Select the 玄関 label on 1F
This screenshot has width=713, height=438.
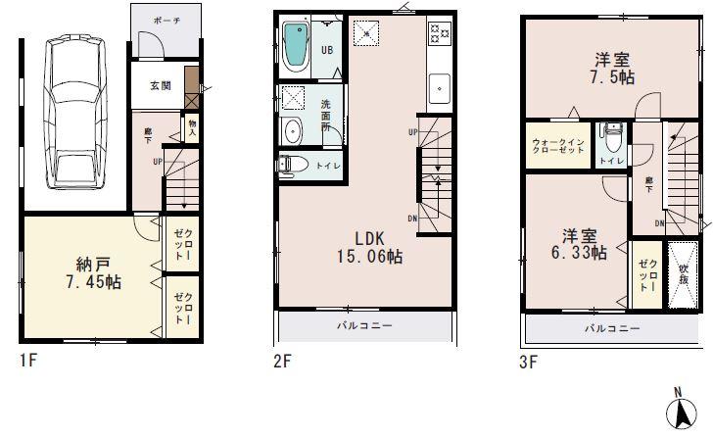click(161, 86)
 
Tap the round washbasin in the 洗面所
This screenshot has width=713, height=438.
click(293, 131)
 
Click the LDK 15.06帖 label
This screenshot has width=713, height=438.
click(367, 248)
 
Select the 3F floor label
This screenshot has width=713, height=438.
click(528, 363)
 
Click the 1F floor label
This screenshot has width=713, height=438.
click(27, 363)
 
